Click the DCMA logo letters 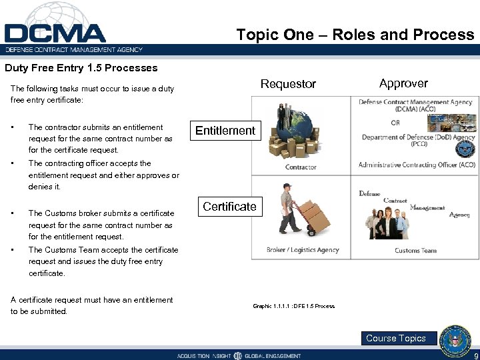[x=55, y=33]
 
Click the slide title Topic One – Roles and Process [x=355, y=35]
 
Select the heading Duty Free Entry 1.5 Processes [x=81, y=68]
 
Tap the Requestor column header [x=288, y=84]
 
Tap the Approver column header [x=403, y=83]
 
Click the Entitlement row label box [x=225, y=131]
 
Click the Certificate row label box [x=229, y=207]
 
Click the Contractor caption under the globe [x=301, y=167]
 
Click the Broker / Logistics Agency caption [x=303, y=250]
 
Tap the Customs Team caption [x=415, y=250]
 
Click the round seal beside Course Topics [x=457, y=338]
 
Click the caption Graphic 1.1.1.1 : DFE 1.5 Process [x=293, y=306]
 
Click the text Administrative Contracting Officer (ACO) [x=417, y=165]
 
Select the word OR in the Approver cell [x=395, y=123]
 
